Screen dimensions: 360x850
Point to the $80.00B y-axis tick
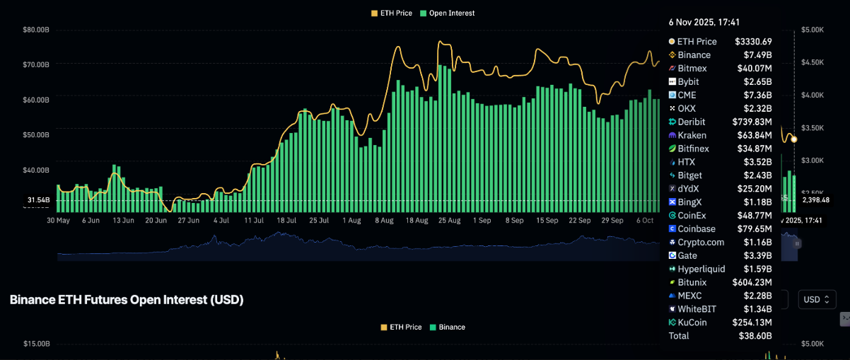pos(36,30)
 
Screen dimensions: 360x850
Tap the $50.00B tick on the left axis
pos(36,134)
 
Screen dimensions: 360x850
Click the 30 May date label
pos(58,221)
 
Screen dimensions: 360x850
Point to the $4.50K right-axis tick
pos(813,62)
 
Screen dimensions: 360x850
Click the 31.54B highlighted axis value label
pos(39,200)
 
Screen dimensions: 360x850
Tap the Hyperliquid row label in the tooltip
pos(701,269)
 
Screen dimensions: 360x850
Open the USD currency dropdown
pos(817,299)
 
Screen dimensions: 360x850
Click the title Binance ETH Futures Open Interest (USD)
pos(127,300)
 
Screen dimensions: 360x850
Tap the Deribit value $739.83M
pos(752,122)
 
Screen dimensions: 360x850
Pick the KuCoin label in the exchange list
pos(692,323)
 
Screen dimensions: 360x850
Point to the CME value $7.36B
pos(757,95)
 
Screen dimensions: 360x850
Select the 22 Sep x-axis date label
pos(579,221)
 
